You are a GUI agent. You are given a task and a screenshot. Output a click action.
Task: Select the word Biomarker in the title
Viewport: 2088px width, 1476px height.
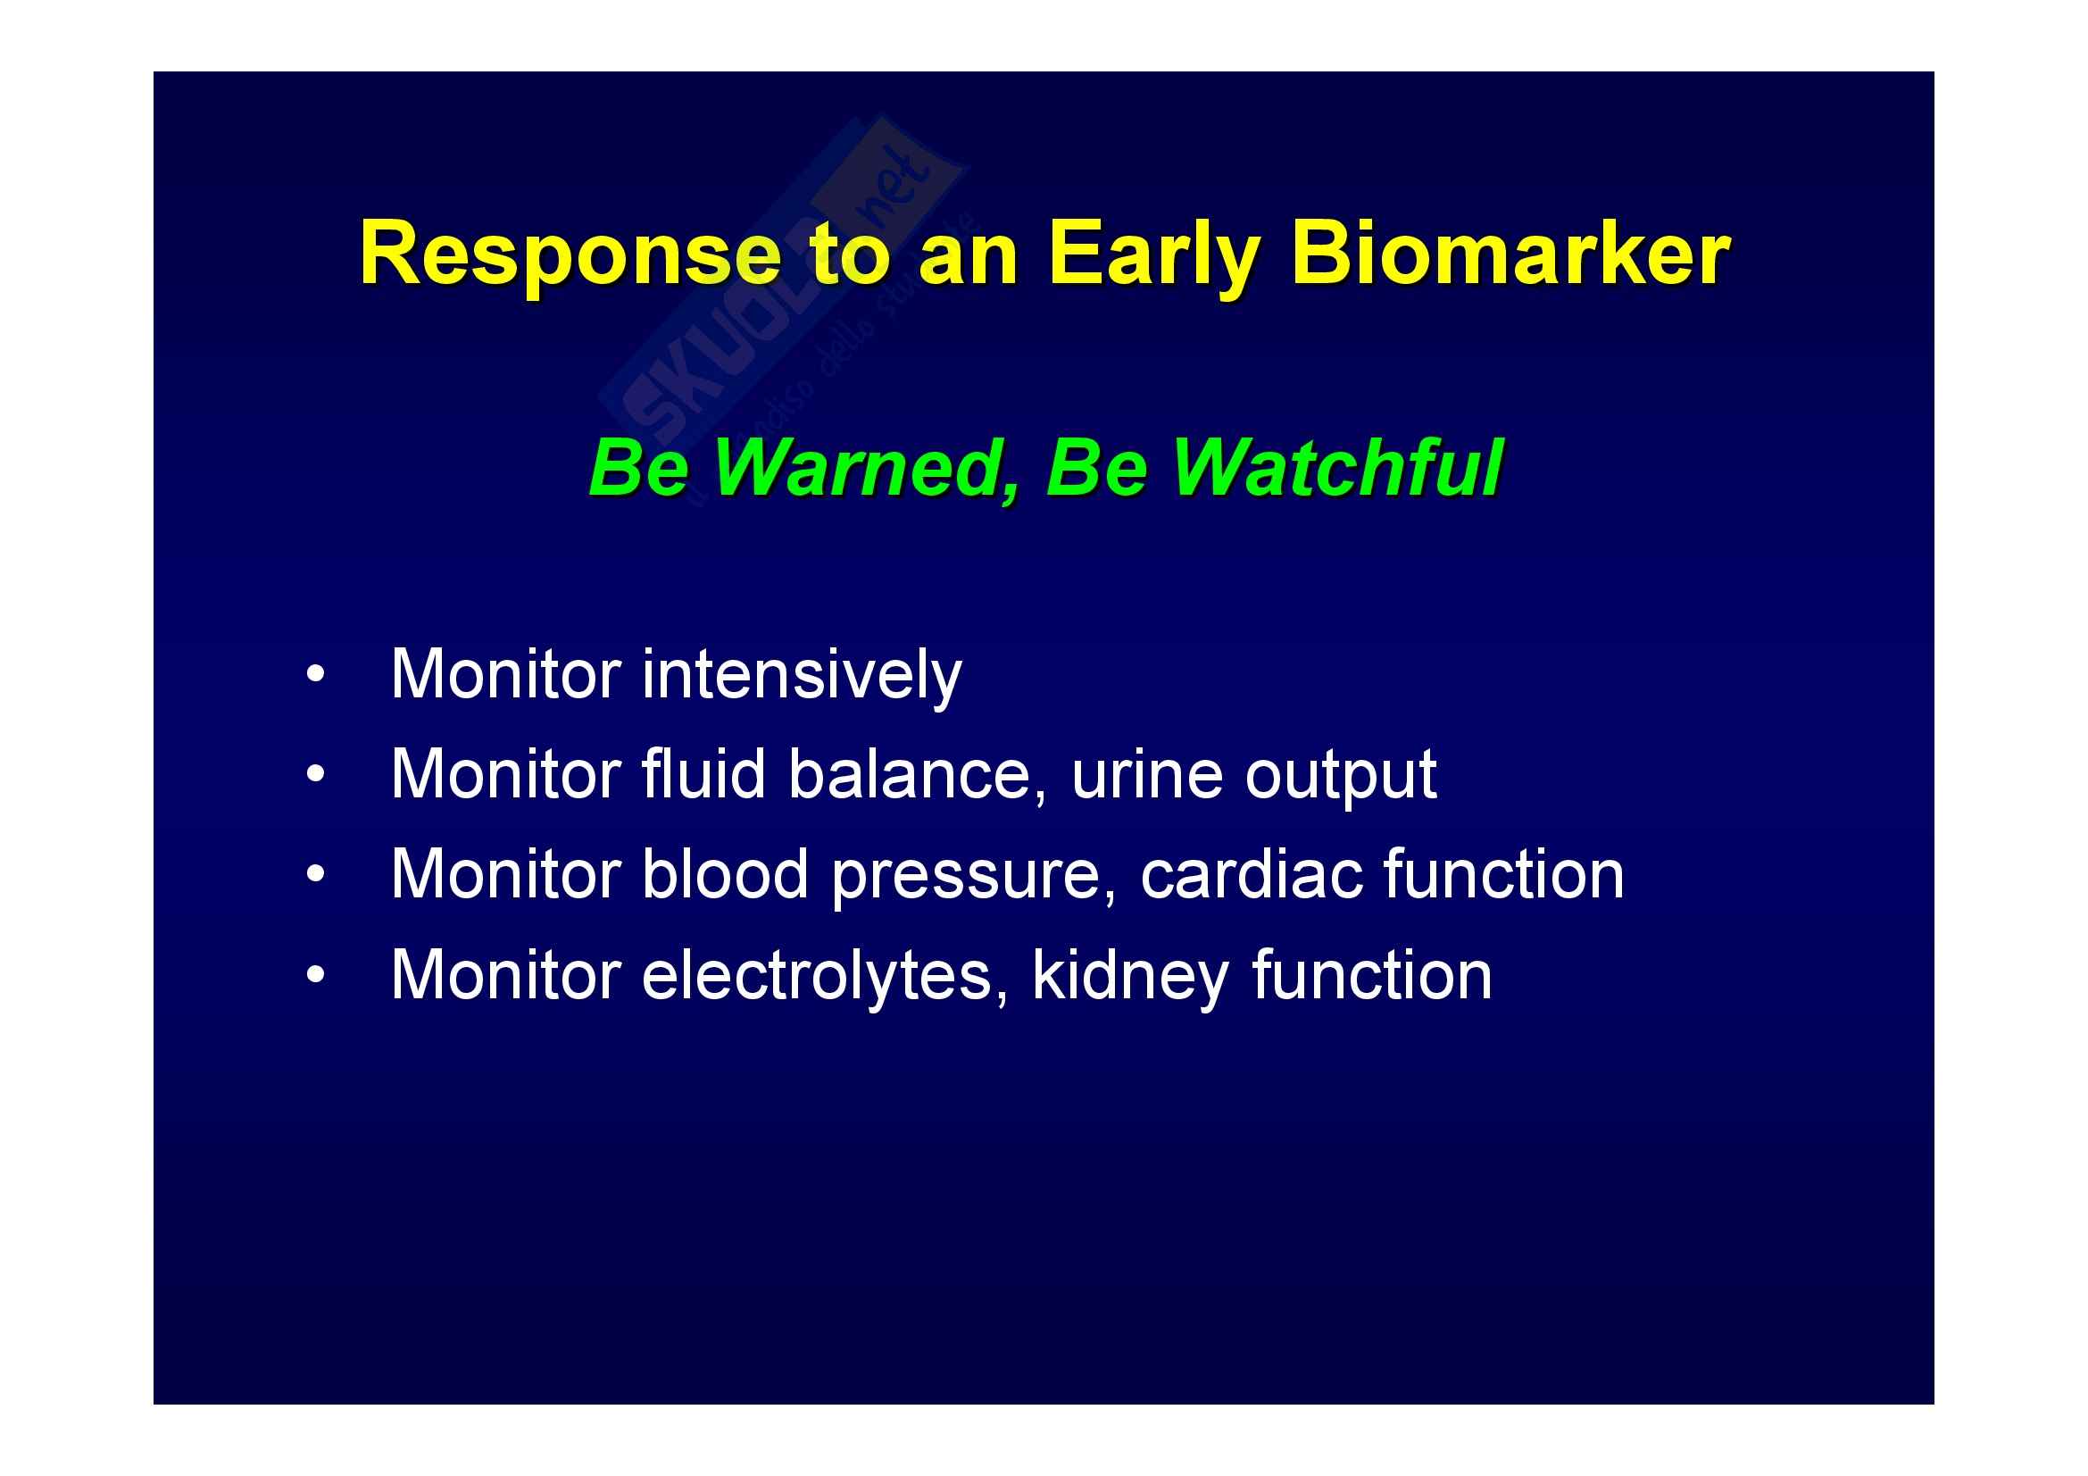1510,254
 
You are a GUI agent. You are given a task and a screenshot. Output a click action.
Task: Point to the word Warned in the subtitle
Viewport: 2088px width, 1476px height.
865,470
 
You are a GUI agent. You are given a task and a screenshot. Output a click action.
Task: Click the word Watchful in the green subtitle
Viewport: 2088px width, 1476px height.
1337,468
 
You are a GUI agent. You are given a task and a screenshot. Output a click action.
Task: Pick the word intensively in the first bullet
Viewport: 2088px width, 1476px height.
801,676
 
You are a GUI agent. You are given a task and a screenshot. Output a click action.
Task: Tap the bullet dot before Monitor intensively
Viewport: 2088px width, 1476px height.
314,676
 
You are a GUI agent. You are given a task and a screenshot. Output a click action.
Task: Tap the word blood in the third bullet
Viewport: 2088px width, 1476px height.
725,875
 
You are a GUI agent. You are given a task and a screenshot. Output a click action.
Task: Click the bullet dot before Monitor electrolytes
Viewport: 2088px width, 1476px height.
314,976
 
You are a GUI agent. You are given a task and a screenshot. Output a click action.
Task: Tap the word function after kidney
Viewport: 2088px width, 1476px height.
1372,975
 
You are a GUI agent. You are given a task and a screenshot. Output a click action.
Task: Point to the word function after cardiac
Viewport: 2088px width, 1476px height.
1504,875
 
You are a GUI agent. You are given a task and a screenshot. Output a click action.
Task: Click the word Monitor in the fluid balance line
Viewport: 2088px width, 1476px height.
506,775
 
